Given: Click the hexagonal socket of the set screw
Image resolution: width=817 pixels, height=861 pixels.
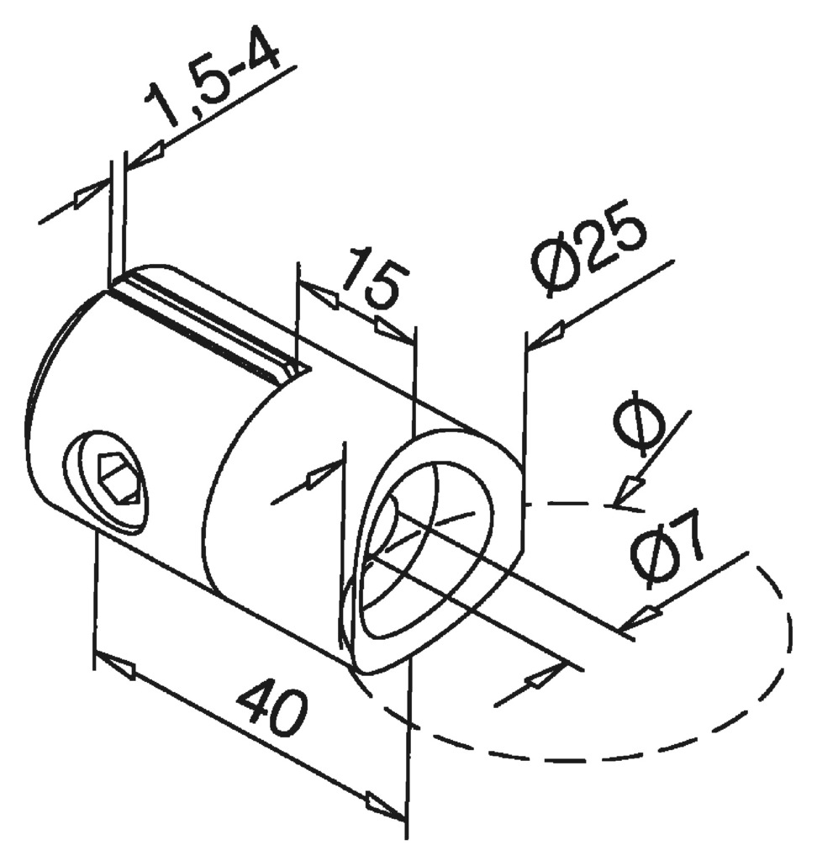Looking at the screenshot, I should (118, 479).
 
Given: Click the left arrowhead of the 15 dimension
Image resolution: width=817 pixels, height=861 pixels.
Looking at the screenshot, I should (319, 296).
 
